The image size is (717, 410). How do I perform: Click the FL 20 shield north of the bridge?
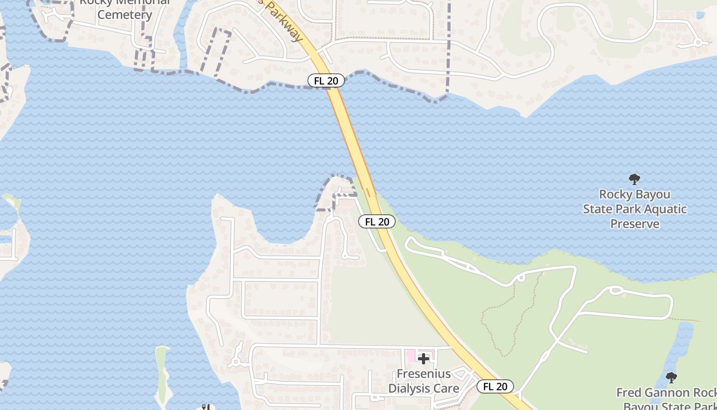326,80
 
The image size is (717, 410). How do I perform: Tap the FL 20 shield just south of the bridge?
377,221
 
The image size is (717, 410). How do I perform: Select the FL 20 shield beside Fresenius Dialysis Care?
495,386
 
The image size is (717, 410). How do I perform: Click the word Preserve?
635,224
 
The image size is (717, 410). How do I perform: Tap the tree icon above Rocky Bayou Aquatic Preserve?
635,179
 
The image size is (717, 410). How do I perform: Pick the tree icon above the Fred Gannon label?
671,378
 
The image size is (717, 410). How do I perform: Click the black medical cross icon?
424,358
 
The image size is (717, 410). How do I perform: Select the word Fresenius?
424,374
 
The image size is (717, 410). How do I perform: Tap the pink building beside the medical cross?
411,355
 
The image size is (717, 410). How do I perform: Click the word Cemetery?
125,14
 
